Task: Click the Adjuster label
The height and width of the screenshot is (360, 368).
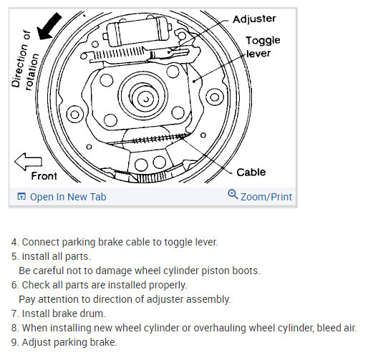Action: (254, 19)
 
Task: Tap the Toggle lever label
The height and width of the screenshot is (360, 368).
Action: (263, 47)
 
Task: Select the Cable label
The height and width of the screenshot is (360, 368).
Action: (251, 172)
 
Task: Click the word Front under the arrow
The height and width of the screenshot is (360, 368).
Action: (44, 176)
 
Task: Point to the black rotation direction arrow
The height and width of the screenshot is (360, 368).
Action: (49, 26)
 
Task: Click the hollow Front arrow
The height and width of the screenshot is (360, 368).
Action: (28, 162)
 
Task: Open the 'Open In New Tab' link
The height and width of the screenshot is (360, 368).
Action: (68, 197)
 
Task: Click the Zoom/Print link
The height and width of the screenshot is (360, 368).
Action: (266, 197)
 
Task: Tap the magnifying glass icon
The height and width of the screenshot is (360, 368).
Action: (233, 195)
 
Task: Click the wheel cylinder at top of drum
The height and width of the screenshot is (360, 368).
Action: (137, 31)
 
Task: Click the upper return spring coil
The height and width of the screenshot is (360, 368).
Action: (119, 54)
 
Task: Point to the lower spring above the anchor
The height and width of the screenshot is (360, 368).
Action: (158, 138)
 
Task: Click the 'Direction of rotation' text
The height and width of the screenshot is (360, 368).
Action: (25, 60)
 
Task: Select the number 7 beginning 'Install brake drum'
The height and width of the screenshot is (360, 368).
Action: (14, 313)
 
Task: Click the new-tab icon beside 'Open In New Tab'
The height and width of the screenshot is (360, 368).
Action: (21, 196)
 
